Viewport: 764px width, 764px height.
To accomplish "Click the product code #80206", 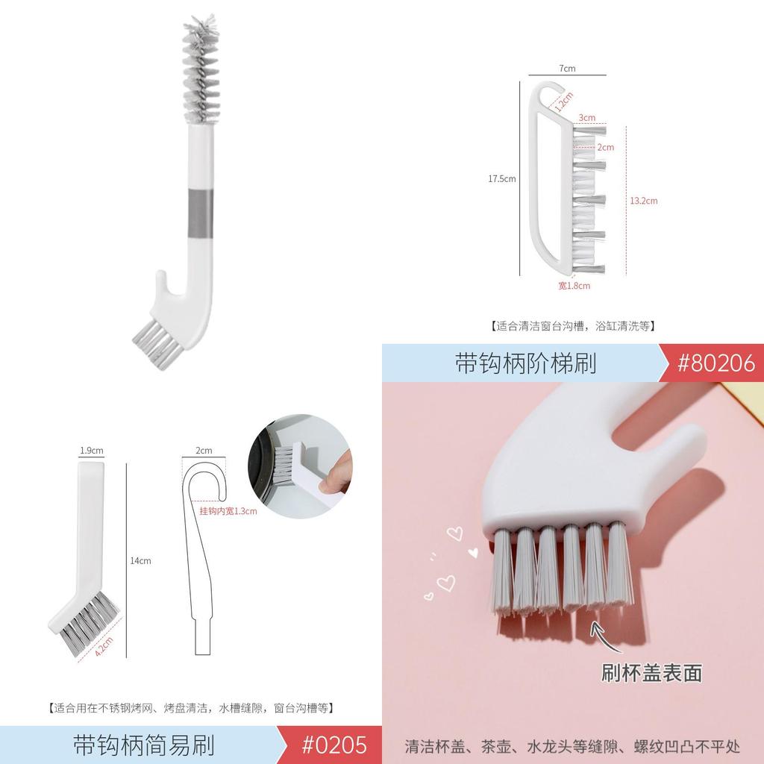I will [x=716, y=363].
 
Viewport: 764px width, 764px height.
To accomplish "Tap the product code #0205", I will [x=334, y=745].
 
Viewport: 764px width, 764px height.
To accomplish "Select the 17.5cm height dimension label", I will [x=501, y=179].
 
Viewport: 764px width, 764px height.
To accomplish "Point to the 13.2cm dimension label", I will [x=643, y=201].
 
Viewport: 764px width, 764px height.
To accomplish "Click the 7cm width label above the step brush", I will [x=567, y=69].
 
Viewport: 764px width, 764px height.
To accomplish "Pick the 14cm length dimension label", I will [x=140, y=560].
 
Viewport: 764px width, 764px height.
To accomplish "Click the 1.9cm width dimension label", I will [x=91, y=451].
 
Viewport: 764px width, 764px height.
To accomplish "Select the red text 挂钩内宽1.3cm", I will [x=228, y=511].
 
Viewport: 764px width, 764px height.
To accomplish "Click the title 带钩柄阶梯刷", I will [x=525, y=363].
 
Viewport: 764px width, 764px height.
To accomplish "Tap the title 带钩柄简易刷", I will [x=144, y=745].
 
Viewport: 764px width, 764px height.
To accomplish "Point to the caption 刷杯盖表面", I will [x=651, y=673].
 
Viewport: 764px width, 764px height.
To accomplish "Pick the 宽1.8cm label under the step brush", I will [x=574, y=286].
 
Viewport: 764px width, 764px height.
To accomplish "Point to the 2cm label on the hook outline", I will [x=204, y=451].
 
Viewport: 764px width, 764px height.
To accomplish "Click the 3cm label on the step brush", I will [x=587, y=118].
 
